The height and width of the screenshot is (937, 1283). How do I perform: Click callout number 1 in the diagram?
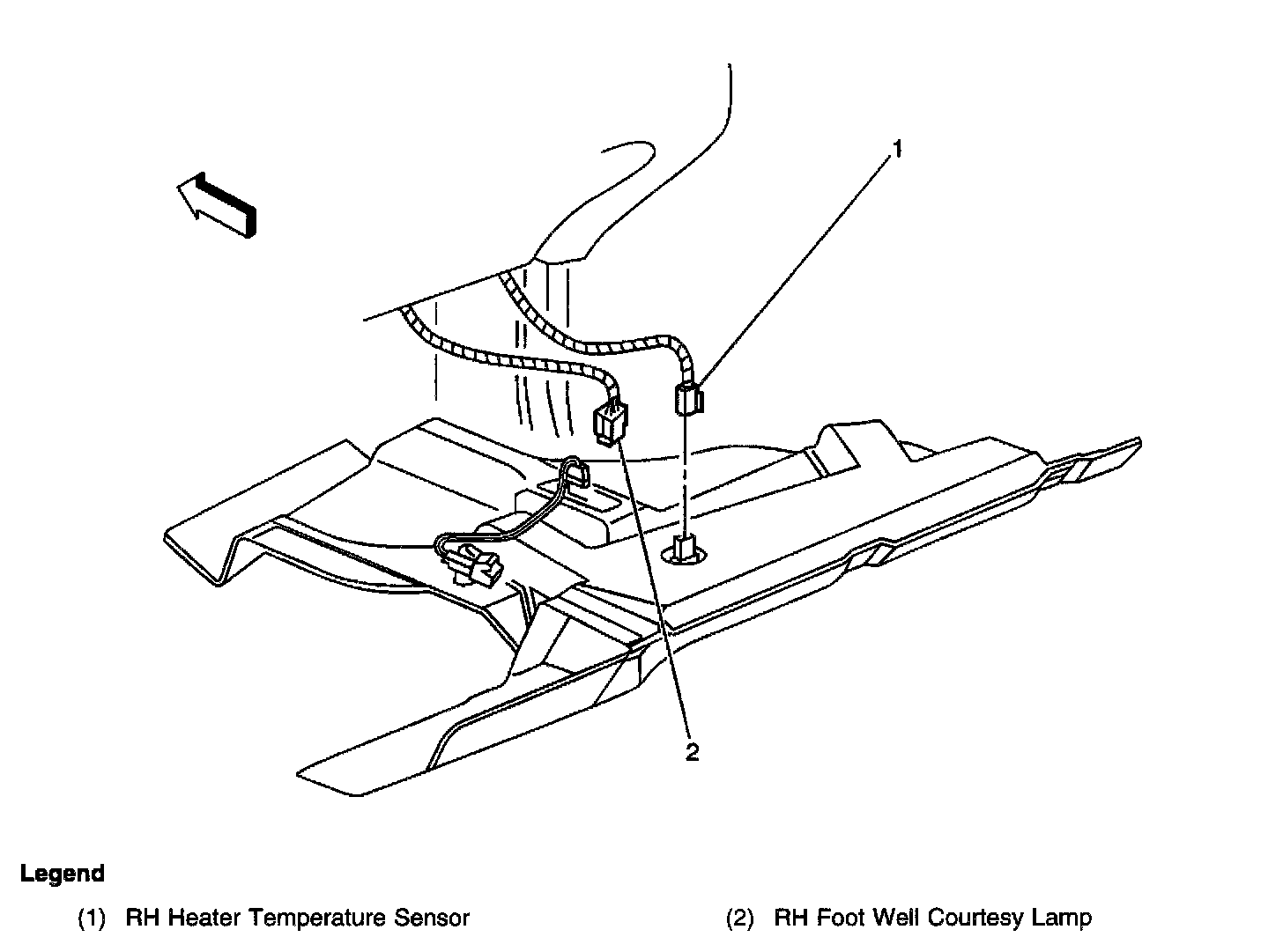[x=896, y=150]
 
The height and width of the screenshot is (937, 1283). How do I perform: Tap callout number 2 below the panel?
[x=693, y=752]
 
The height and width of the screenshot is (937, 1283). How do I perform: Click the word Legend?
[x=62, y=874]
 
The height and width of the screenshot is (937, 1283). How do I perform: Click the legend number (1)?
[x=93, y=918]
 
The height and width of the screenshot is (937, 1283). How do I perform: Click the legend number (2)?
[x=740, y=918]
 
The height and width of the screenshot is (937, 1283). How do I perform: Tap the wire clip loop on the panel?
[x=575, y=474]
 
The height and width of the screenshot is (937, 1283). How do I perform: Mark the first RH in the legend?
[x=143, y=918]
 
